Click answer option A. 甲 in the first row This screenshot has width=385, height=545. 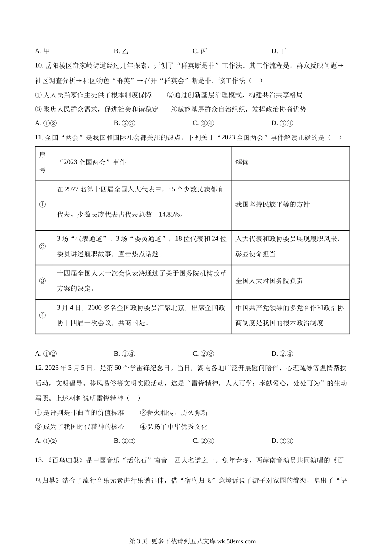click(x=43, y=51)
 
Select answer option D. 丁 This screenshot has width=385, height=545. click(x=279, y=51)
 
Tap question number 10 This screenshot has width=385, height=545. click(x=39, y=66)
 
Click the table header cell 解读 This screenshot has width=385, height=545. click(x=242, y=163)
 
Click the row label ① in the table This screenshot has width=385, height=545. click(x=43, y=205)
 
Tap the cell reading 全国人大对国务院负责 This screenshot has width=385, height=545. click(x=269, y=281)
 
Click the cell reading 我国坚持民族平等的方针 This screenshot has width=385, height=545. click(x=272, y=204)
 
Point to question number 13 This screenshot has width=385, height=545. click(x=39, y=460)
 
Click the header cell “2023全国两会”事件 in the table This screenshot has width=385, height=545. click(x=92, y=163)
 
